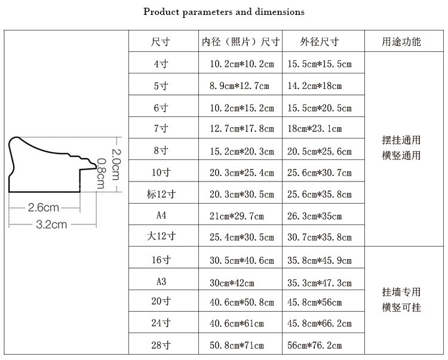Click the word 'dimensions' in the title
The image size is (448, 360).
[280, 12]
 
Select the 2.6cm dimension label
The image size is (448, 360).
[44, 208]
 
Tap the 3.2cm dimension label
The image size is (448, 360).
[51, 224]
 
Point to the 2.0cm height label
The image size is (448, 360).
[116, 164]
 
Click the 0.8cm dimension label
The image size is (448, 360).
[101, 174]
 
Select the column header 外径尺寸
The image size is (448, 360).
[320, 42]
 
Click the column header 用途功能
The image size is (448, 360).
[401, 42]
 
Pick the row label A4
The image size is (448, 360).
[161, 215]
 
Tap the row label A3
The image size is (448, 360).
[161, 282]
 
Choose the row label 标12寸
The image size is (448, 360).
[161, 194]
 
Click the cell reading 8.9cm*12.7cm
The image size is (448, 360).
[239, 85]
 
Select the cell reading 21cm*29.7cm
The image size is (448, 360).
[237, 216]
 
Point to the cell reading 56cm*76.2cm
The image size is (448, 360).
[314, 346]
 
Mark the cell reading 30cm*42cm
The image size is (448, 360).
[232, 283]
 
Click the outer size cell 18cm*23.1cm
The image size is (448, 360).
[314, 128]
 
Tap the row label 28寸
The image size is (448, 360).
[161, 345]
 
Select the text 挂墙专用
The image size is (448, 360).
[401, 292]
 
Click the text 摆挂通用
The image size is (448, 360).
[401, 140]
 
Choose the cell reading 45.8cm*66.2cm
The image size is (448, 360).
[320, 324]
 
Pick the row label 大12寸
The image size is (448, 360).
[161, 236]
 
